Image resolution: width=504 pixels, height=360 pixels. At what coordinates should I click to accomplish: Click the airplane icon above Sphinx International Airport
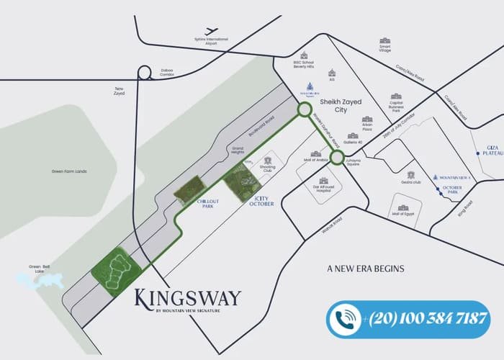click(211, 30)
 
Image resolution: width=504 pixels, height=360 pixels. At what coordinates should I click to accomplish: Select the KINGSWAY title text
click(186, 297)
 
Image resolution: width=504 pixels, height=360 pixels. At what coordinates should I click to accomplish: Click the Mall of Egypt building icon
click(403, 207)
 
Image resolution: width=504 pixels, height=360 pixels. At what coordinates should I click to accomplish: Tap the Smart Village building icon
click(384, 41)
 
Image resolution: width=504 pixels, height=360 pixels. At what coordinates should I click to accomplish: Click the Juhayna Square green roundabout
click(336, 153)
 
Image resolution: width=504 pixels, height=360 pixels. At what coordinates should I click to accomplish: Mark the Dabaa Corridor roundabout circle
click(144, 72)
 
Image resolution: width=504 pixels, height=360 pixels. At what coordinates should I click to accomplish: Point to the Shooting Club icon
click(271, 161)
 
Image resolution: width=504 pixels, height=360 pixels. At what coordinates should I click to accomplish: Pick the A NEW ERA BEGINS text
click(365, 269)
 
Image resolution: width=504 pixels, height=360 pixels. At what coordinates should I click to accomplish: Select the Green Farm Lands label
click(69, 171)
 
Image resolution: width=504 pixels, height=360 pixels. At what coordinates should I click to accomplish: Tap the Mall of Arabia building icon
click(316, 153)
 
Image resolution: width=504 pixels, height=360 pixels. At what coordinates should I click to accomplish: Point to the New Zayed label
click(120, 91)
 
